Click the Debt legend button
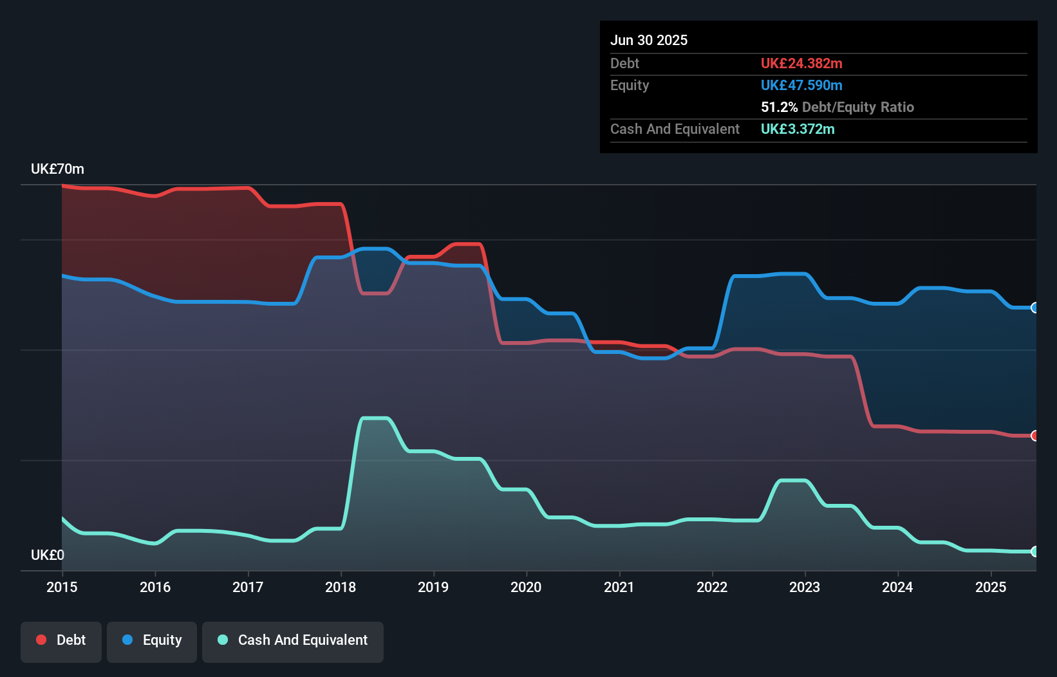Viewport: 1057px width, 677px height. tap(61, 640)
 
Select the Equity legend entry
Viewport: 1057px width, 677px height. tap(152, 640)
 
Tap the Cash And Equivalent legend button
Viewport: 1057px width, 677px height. tap(293, 640)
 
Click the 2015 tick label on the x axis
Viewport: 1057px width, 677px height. tap(62, 587)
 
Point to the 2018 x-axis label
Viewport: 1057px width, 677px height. tap(341, 587)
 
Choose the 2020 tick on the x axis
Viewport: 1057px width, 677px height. tap(526, 587)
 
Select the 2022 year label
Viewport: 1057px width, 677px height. tap(712, 587)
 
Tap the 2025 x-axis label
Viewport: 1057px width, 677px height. tap(990, 587)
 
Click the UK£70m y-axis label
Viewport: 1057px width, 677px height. tap(57, 169)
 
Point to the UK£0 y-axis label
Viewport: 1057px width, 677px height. tap(48, 555)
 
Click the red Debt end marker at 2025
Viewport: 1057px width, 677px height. tap(1034, 436)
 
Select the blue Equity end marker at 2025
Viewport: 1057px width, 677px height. tap(1034, 308)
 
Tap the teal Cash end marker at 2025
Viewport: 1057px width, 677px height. tap(1034, 552)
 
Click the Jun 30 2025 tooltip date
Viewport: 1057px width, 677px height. tap(649, 40)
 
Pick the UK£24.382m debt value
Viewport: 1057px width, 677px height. tap(801, 63)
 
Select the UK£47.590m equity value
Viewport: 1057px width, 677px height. tap(801, 85)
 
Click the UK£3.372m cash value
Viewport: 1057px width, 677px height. tap(798, 129)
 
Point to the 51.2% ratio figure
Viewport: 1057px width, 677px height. tap(779, 107)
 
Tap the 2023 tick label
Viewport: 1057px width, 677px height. tap(805, 587)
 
